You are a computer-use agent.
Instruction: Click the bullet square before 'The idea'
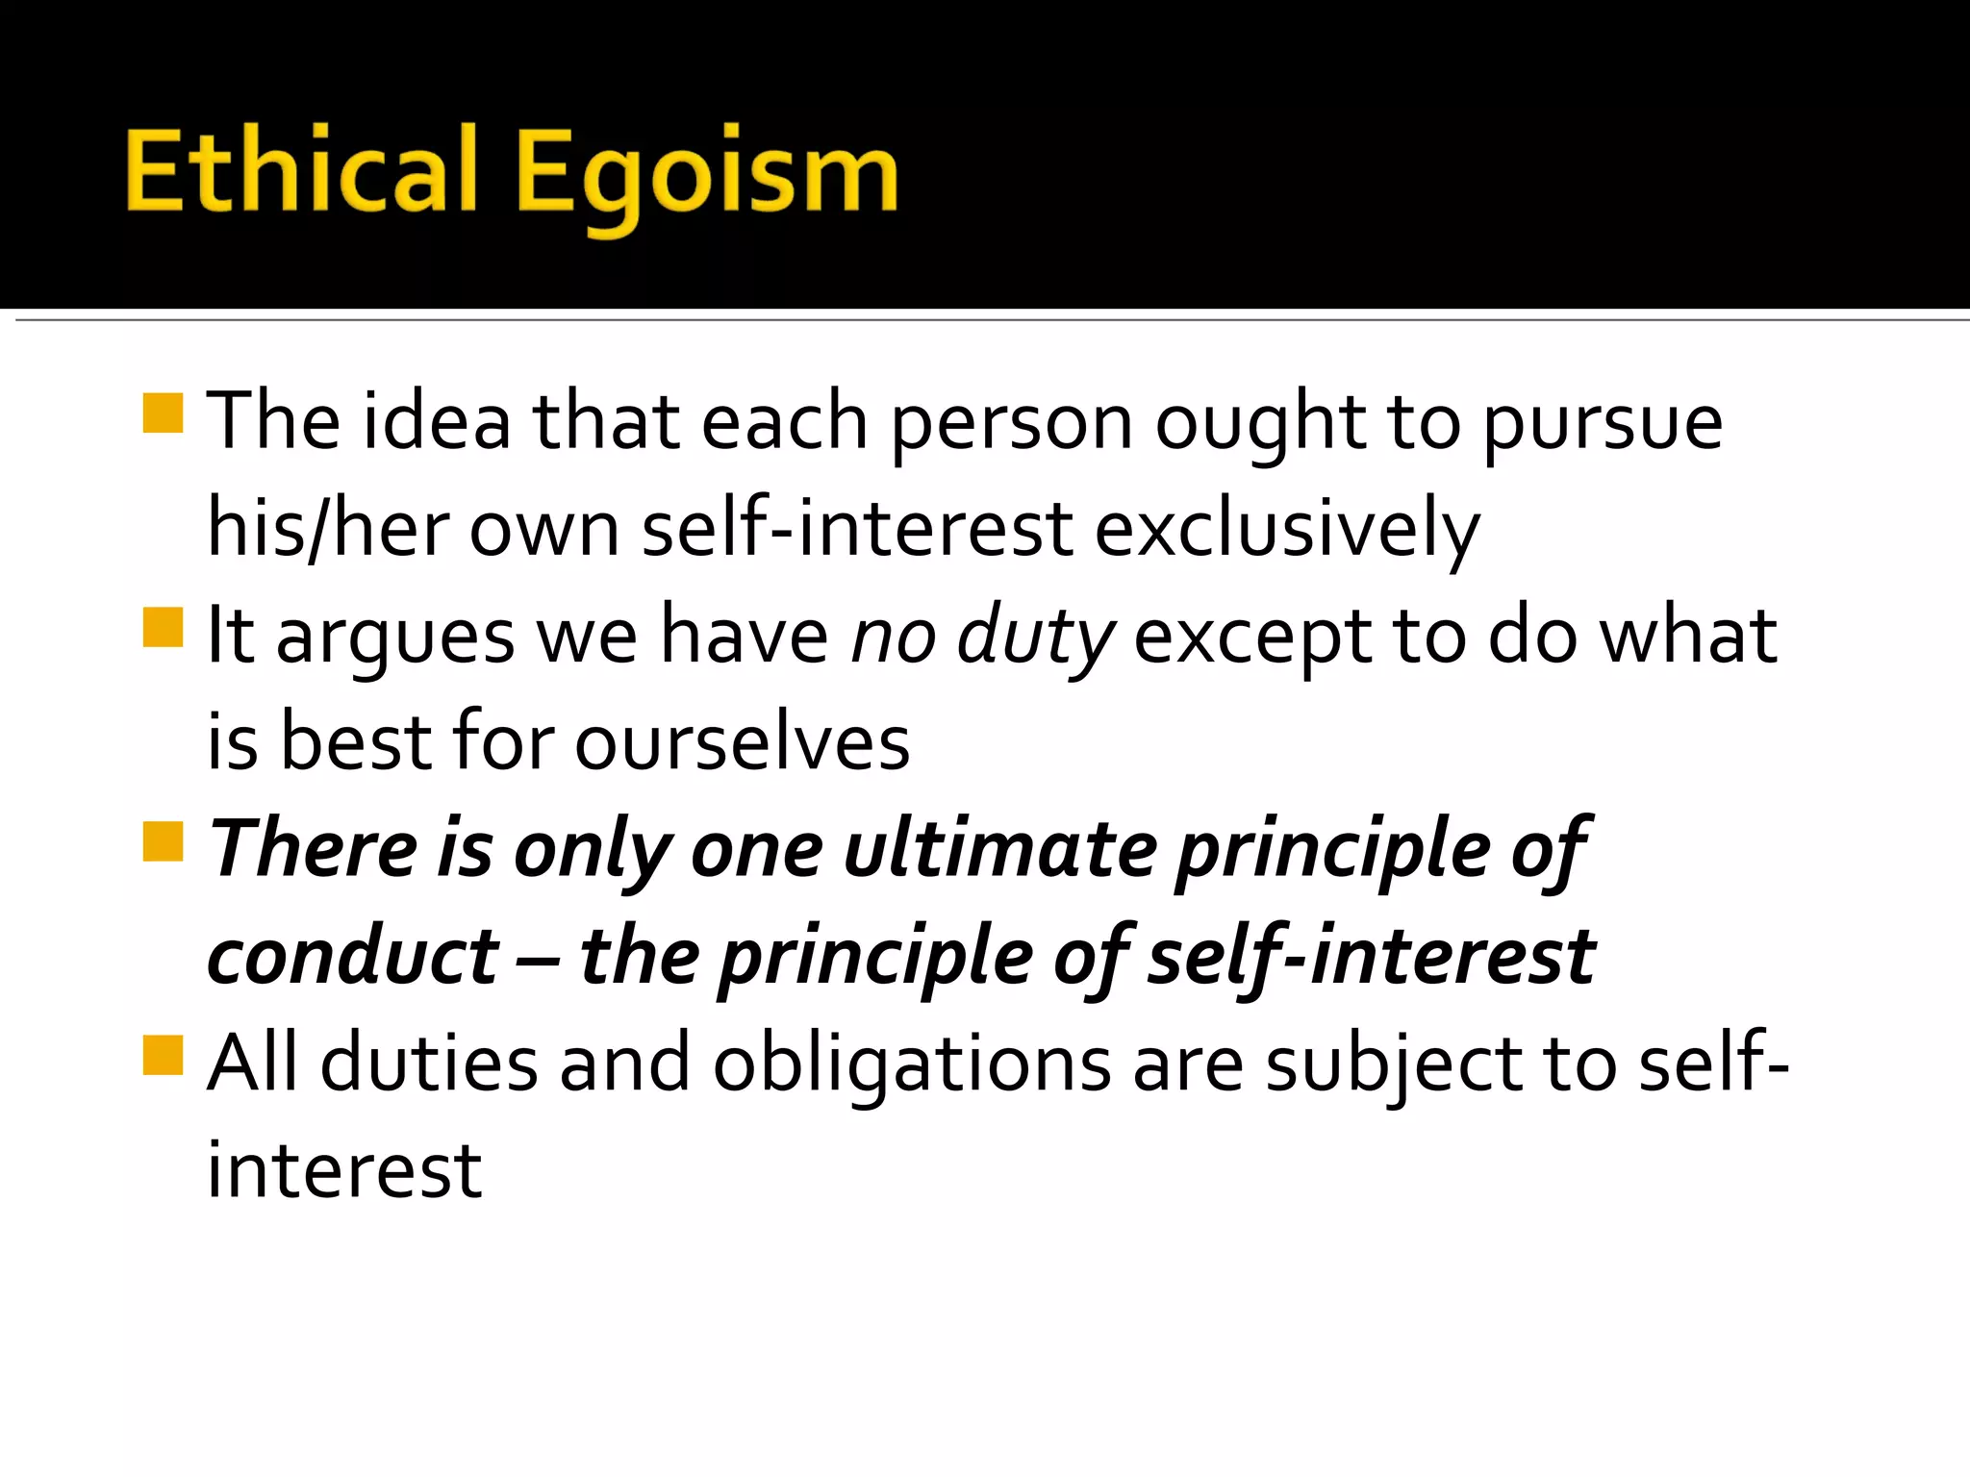[x=163, y=413]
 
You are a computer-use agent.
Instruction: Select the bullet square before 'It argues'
[x=163, y=627]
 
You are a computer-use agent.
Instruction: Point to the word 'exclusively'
[x=1286, y=532]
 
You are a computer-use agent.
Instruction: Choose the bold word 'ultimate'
[x=1000, y=850]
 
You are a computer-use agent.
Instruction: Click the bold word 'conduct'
[x=353, y=958]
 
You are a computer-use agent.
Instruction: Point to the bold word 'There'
[x=314, y=850]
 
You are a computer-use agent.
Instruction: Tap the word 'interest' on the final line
[x=344, y=1171]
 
